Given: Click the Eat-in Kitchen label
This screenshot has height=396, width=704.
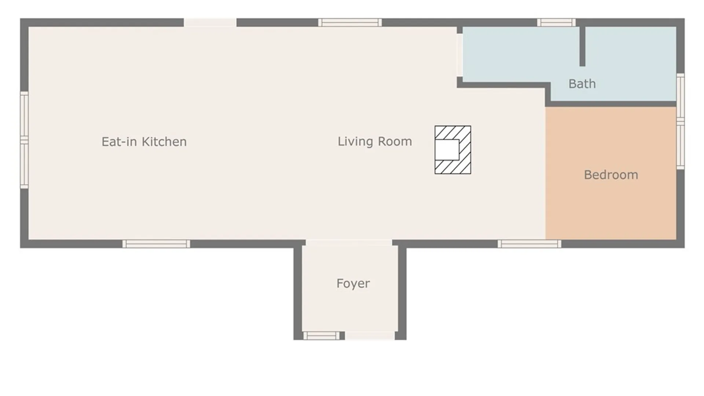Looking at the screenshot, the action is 144,142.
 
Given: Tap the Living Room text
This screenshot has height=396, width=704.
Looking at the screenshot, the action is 375,142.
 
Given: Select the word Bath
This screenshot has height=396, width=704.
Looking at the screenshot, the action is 582,84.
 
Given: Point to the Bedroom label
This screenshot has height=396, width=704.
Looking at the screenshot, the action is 611,175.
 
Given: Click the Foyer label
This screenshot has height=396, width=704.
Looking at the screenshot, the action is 353,283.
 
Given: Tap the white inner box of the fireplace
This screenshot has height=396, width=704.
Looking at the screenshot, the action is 447,150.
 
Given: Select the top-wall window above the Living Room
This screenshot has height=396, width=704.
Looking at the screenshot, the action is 350,22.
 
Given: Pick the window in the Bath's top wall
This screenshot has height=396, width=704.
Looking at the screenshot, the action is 556,22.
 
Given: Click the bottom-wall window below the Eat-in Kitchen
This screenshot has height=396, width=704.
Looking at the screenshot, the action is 156,244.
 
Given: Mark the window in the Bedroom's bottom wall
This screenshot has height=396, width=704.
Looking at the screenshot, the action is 529,244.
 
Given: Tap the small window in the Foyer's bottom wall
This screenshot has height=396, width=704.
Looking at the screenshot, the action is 322,335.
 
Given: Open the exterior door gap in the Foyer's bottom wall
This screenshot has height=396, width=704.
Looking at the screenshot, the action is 370,335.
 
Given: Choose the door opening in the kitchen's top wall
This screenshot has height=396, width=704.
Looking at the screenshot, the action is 210,22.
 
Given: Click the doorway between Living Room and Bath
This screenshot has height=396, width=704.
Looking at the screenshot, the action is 459,55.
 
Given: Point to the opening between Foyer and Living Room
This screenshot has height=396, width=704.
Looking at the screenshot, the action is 349,243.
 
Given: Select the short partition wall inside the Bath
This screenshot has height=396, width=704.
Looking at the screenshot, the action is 582,47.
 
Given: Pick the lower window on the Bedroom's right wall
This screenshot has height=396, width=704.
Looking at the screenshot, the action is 680,146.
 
